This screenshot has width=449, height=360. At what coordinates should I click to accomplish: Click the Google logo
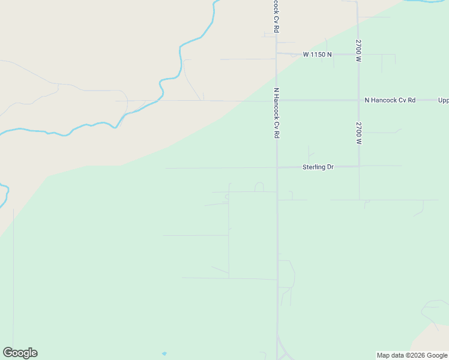(20, 353)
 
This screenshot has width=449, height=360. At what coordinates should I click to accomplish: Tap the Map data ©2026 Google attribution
(412, 355)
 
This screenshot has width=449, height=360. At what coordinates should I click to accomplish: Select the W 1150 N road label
(317, 55)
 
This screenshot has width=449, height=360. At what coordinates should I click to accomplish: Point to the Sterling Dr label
(318, 167)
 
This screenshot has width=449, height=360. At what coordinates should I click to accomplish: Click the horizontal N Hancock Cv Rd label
(390, 100)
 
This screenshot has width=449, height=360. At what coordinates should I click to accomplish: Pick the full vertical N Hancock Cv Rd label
(277, 113)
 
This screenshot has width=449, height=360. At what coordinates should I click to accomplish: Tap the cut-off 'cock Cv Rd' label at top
(276, 16)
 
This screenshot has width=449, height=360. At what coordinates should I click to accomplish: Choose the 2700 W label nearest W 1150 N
(358, 51)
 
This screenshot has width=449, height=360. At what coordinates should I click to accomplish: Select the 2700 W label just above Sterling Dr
(358, 133)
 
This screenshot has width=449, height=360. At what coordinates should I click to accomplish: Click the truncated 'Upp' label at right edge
(443, 100)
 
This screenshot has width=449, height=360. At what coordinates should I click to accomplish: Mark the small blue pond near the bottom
(164, 353)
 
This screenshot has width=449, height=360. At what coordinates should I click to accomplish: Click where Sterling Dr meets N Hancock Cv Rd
(277, 167)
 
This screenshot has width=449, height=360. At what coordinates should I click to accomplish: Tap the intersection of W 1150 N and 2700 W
(358, 55)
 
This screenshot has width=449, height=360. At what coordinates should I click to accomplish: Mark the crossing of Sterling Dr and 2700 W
(359, 166)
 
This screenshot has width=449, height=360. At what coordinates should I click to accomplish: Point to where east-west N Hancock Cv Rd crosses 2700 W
(358, 100)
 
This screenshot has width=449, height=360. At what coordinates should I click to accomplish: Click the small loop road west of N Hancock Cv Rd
(259, 187)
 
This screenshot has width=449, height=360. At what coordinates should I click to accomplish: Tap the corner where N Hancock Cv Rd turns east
(277, 100)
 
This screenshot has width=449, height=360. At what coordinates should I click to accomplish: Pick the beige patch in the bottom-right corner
(435, 339)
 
